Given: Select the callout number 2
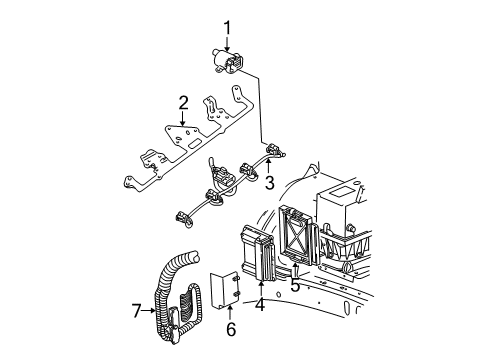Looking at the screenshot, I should pyautogui.click(x=183, y=101).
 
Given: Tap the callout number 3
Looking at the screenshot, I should pyautogui.click(x=269, y=182).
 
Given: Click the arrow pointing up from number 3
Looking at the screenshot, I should pyautogui.click(x=269, y=166).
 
